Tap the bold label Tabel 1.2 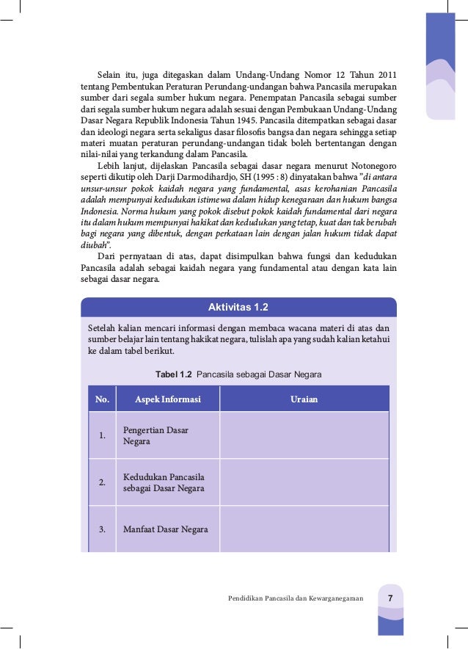click(174, 374)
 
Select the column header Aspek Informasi click(167, 399)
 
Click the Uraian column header click(304, 399)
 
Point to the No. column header click(102, 399)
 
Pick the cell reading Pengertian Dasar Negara click(156, 435)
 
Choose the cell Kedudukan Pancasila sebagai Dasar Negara click(164, 482)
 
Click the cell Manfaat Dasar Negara click(165, 529)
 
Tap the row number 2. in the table click(102, 482)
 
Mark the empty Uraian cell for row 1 click(304, 435)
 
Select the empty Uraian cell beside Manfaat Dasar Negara click(304, 529)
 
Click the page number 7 click(390, 598)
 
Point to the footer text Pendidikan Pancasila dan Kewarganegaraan click(296, 598)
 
